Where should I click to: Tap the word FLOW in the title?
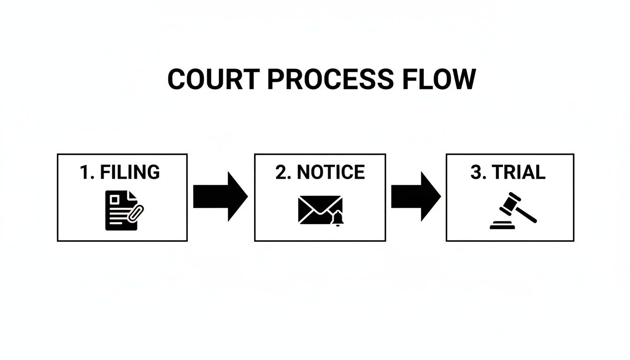(439, 79)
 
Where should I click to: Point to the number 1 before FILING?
(84, 172)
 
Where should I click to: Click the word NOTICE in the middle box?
(331, 172)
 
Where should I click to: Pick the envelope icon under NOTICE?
(319, 209)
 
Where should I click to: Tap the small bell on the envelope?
(337, 218)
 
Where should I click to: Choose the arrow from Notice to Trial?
(415, 196)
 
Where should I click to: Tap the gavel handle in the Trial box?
(526, 215)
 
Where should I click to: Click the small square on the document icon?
(114, 199)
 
